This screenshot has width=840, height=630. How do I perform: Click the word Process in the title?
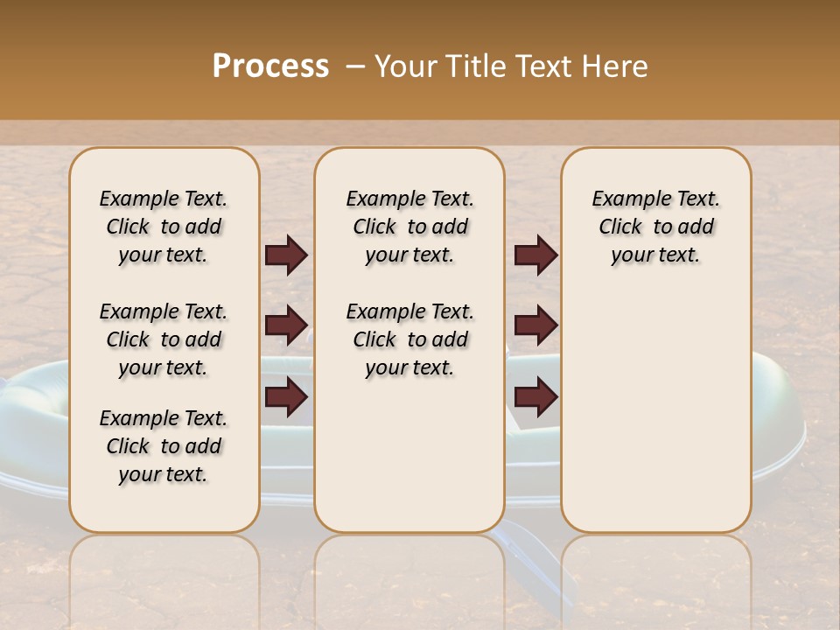click(270, 66)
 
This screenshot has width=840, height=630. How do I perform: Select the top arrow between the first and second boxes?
click(286, 255)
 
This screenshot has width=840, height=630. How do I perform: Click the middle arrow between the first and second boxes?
click(286, 326)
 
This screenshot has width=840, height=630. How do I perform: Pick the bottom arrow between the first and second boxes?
click(286, 397)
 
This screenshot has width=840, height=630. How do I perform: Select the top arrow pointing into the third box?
click(535, 255)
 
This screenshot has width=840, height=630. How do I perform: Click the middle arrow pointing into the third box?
click(535, 326)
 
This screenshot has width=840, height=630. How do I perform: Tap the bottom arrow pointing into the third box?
click(535, 397)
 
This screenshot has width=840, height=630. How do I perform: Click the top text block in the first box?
click(164, 227)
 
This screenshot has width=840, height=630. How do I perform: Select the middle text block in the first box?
click(164, 339)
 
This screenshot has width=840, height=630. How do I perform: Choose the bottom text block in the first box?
click(164, 446)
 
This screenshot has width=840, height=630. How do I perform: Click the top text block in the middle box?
click(409, 227)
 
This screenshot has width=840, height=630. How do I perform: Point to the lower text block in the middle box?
click(409, 339)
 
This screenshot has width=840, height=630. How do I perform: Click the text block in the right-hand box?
click(655, 227)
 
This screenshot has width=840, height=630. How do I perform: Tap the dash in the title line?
click(354, 66)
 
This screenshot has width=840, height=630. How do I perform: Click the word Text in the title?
click(542, 66)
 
